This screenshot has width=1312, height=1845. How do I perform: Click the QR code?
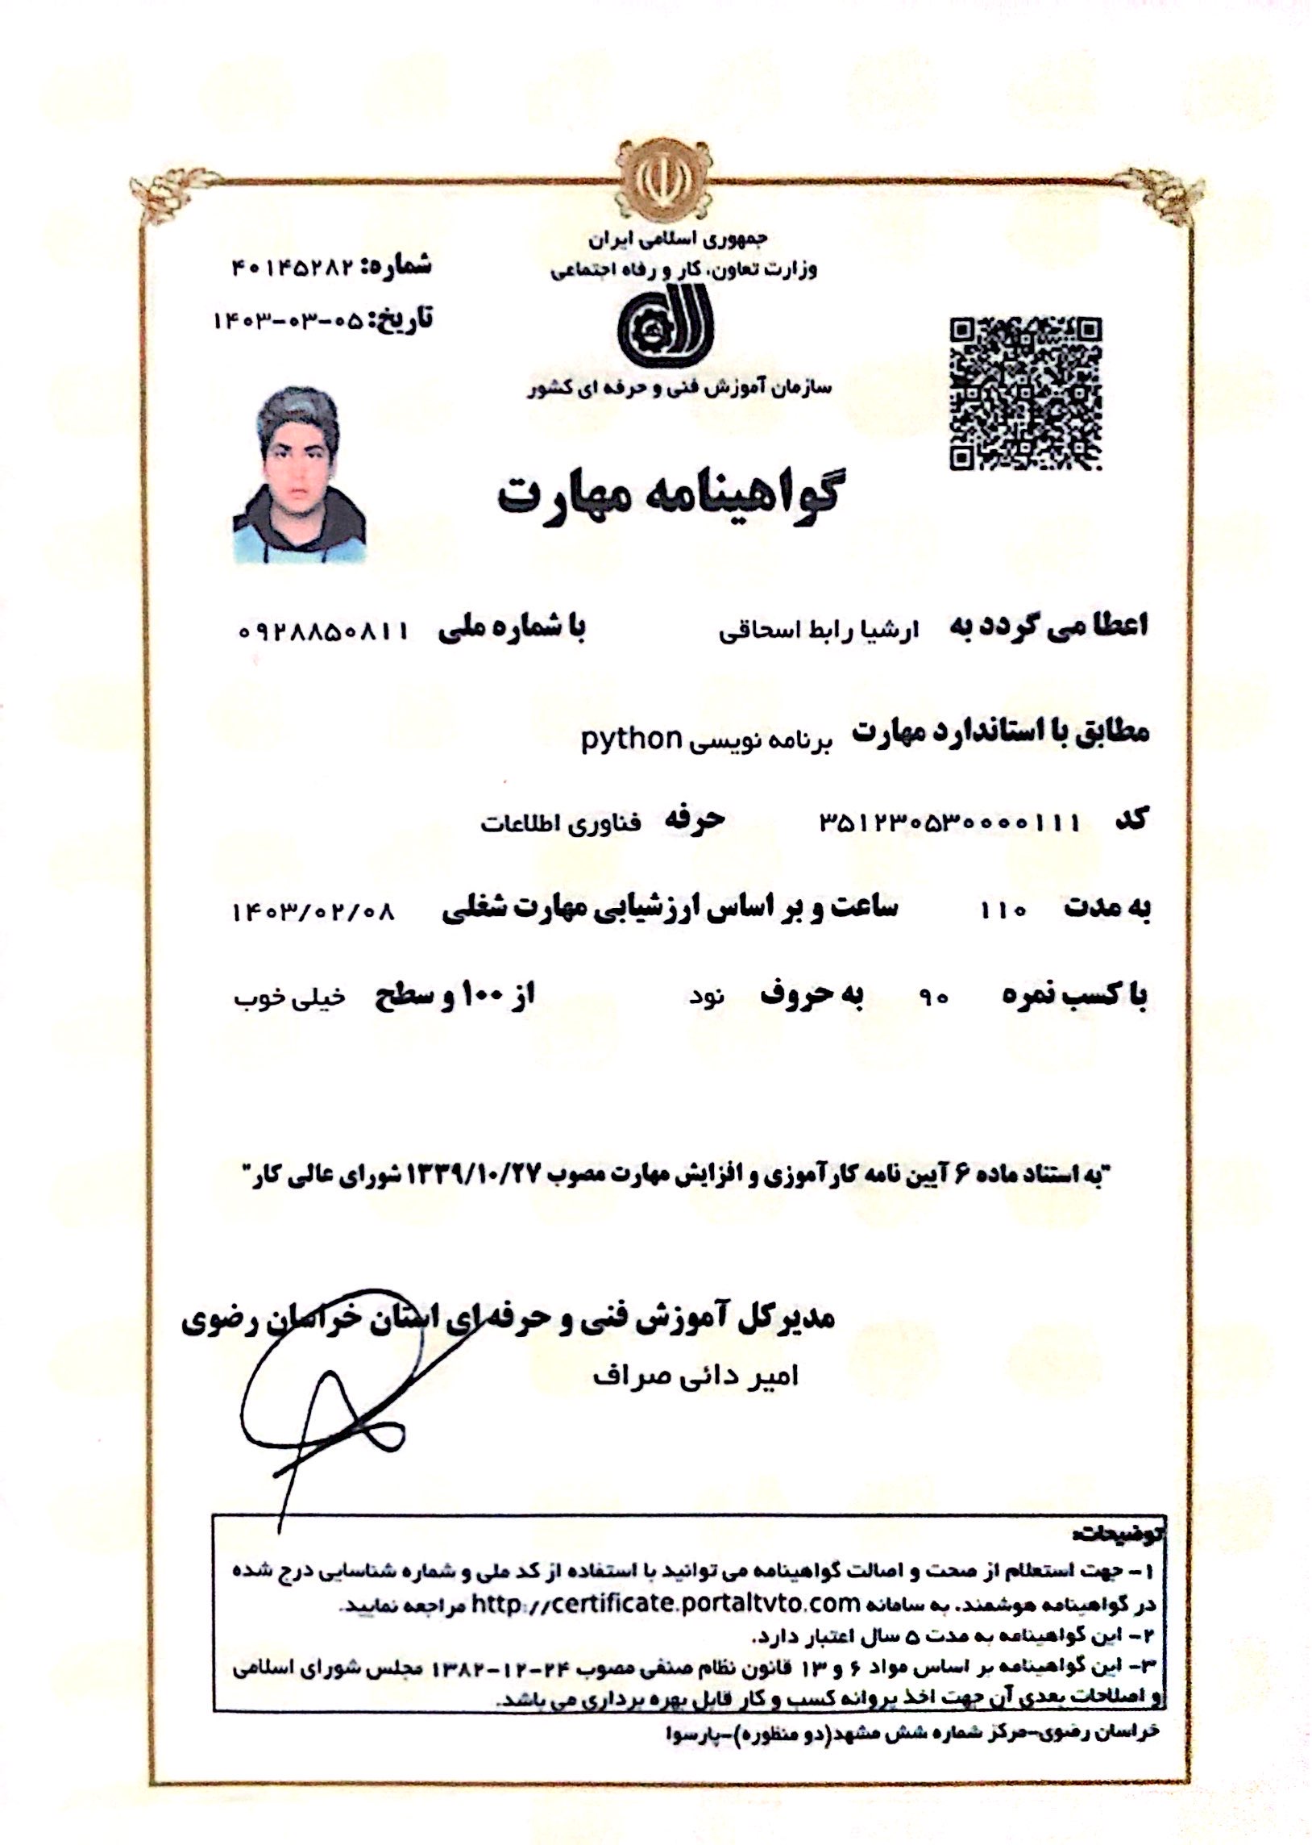1026,394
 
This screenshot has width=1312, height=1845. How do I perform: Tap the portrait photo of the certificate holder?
299,475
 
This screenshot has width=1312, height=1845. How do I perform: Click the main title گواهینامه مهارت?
667,494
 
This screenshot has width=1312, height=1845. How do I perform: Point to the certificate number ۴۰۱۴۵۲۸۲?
293,267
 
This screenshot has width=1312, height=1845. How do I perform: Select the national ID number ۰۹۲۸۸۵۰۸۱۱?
324,631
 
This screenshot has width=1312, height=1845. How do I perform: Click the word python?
632,739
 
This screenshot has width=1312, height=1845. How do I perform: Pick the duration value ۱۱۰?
1003,910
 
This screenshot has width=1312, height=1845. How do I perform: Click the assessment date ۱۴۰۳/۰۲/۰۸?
313,912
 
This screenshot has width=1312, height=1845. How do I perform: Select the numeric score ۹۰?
934,998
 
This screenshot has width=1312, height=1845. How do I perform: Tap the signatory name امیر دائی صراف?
695,1376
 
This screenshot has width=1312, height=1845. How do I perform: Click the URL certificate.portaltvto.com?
666,1602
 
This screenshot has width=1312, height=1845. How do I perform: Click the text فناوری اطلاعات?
561,824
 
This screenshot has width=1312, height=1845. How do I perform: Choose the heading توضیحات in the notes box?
1117,1533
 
